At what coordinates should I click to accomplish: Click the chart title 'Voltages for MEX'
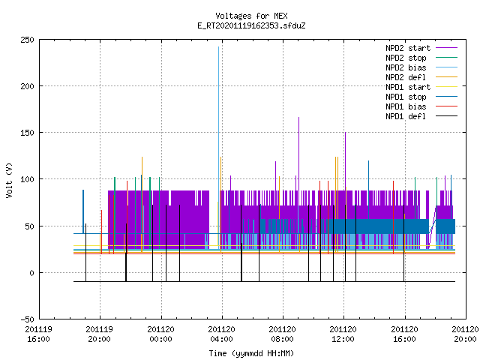coord(251,16)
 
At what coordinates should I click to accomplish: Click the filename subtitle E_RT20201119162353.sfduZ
coord(251,25)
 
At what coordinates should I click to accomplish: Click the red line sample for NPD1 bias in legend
coord(447,106)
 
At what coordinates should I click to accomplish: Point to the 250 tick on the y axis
coord(27,40)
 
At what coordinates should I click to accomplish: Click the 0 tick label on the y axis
coord(31,273)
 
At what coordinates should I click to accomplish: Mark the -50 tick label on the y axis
coord(27,319)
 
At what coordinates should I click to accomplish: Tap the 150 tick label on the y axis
coord(27,133)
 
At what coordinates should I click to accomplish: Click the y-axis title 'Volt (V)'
coord(9,180)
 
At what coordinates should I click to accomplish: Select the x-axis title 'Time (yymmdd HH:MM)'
coord(251,353)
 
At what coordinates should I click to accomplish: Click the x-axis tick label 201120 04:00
coord(221,334)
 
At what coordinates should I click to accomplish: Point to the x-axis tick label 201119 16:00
coord(38,334)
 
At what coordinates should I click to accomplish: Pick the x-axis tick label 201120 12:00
coord(343,334)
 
